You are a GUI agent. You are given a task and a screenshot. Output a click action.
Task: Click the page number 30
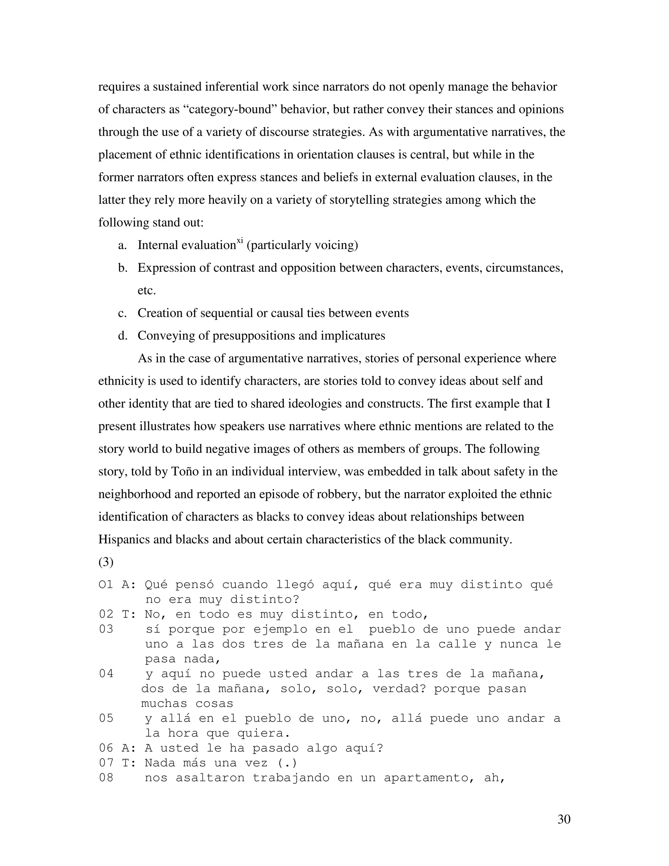click(x=563, y=819)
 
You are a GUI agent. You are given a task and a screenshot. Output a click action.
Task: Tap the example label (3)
click(x=106, y=562)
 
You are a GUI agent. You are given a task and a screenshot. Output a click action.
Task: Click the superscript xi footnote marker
click(x=239, y=240)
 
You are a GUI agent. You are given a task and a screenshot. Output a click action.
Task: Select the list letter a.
click(x=122, y=245)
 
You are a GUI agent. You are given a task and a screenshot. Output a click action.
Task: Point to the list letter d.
click(x=122, y=336)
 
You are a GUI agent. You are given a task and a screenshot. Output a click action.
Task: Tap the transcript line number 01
click(x=106, y=585)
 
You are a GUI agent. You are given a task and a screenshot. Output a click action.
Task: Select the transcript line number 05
click(x=106, y=719)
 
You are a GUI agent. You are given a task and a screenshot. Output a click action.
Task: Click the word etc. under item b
click(x=147, y=291)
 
